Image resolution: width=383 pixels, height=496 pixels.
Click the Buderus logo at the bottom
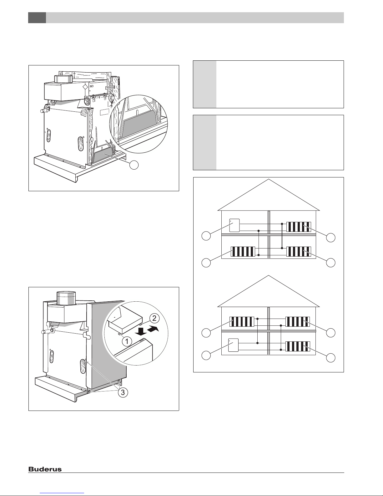tap(45, 469)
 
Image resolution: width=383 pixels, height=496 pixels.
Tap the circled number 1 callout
tap(127, 342)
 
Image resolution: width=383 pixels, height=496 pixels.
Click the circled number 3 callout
tap(123, 393)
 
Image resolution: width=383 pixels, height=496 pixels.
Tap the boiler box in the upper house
tap(234, 225)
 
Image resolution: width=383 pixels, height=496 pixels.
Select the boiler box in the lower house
tap(233, 345)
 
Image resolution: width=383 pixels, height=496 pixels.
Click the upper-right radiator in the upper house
tap(299, 227)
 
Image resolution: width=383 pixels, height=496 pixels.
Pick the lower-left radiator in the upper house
tap(243, 251)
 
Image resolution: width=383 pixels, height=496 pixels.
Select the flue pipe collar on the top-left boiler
tap(63, 79)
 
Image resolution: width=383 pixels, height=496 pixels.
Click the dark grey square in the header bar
tap(37, 18)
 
